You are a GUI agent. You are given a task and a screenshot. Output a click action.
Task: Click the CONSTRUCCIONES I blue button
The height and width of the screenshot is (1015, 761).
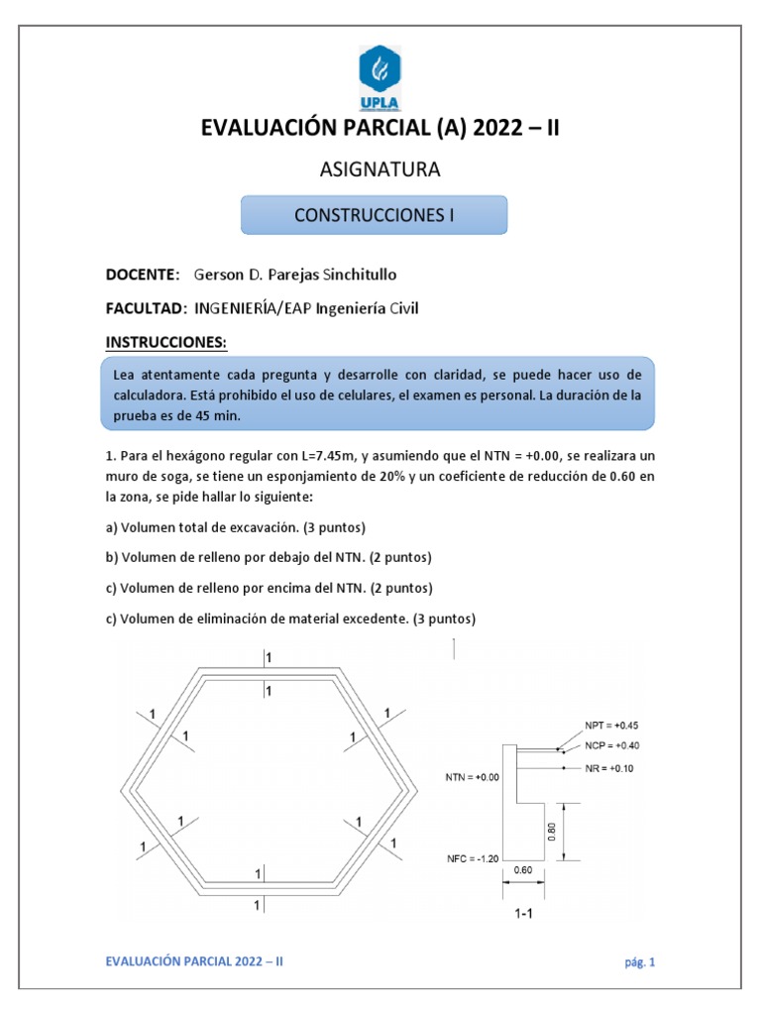click(x=375, y=215)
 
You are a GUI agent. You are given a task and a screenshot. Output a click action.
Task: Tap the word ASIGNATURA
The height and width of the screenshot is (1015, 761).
click(x=380, y=170)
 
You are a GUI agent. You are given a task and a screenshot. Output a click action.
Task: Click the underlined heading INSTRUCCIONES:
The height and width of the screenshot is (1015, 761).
click(x=166, y=343)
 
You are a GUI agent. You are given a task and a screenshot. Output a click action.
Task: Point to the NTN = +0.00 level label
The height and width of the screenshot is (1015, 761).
click(x=472, y=778)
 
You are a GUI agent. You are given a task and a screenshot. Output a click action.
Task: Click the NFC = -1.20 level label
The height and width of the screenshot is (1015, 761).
click(x=472, y=857)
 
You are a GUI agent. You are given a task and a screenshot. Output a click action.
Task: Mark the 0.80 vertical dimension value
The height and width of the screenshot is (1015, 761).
click(x=551, y=834)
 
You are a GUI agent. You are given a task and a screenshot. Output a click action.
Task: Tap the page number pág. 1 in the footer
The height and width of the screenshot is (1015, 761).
click(x=640, y=961)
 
